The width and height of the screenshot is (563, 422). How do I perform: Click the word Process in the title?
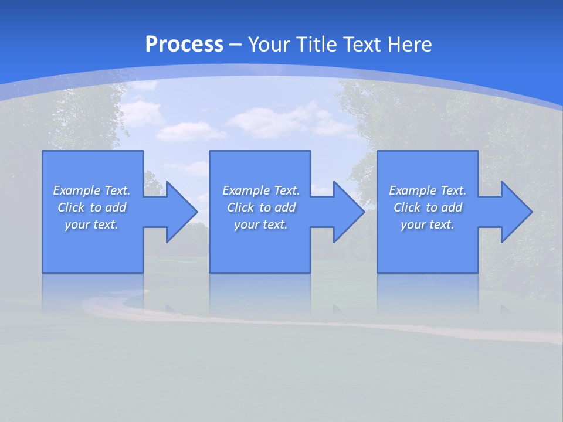(x=184, y=45)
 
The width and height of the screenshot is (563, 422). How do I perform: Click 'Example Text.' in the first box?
(x=91, y=190)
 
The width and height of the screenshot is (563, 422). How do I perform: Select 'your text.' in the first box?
(x=91, y=224)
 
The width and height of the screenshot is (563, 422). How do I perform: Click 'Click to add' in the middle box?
(x=261, y=207)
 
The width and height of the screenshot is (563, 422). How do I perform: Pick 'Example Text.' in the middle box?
(x=261, y=190)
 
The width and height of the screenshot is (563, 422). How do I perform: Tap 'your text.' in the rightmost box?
(x=428, y=224)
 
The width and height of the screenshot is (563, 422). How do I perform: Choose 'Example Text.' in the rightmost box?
(x=428, y=190)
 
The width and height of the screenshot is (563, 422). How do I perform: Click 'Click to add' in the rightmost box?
(x=428, y=207)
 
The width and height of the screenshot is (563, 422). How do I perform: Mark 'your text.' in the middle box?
(x=261, y=224)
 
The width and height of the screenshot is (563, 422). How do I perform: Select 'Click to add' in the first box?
(x=91, y=207)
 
